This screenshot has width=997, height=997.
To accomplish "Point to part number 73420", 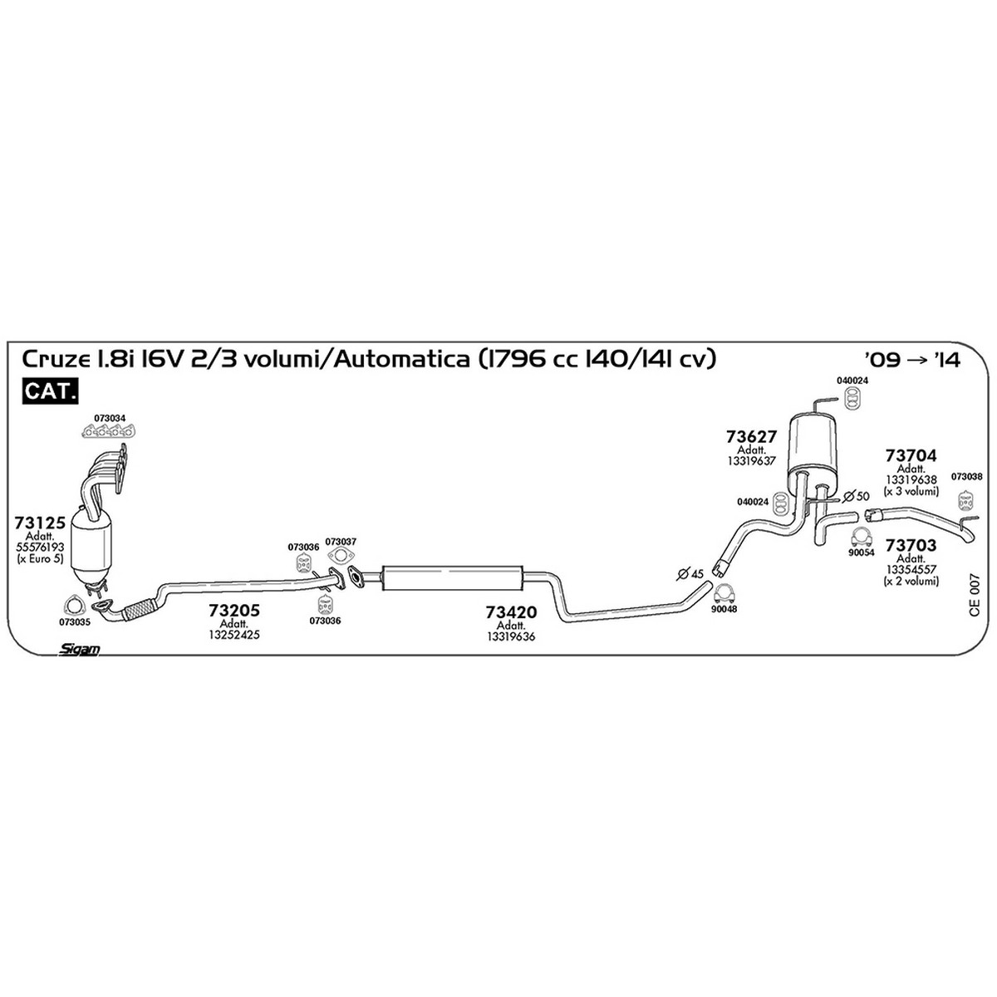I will click(x=511, y=612).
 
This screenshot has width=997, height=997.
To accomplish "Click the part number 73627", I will click(x=751, y=436).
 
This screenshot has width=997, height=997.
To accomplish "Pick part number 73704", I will click(x=911, y=455).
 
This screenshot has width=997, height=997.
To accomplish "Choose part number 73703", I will click(x=911, y=546).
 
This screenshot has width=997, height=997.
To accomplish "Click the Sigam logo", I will click(x=80, y=650).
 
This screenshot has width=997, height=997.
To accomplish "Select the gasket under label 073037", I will click(x=340, y=557).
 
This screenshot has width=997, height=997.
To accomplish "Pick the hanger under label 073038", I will click(x=965, y=501).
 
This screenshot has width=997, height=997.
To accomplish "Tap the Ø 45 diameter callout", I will click(x=690, y=573).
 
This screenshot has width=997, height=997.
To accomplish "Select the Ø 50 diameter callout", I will click(x=856, y=496).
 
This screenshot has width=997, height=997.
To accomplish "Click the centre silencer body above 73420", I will click(x=449, y=577).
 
